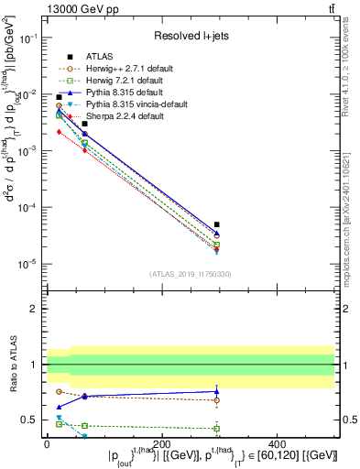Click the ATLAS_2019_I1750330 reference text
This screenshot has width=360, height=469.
click(x=191, y=274)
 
